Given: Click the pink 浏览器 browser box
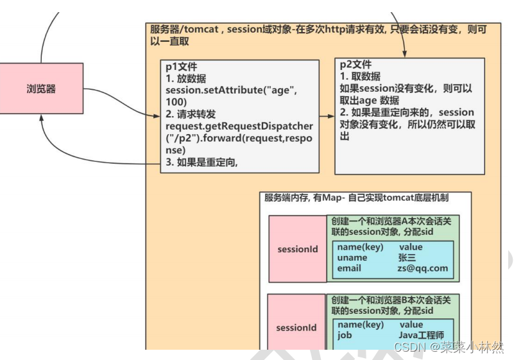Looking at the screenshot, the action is (x=41, y=89).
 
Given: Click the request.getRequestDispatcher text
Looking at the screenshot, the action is (x=235, y=125).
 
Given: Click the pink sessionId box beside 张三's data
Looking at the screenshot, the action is (x=297, y=249).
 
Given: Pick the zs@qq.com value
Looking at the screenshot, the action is (x=422, y=268).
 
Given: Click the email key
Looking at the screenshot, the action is (x=349, y=268).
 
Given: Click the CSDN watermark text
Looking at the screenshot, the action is (x=449, y=347).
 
